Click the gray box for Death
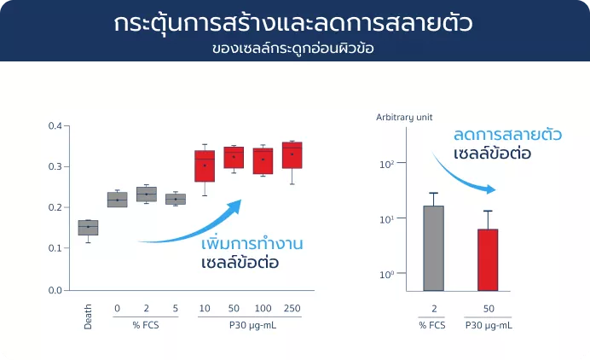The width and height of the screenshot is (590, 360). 88,228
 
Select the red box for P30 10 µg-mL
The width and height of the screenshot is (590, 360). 205,166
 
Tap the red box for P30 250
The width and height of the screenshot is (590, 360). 292,155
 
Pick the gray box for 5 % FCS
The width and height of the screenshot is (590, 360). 176,200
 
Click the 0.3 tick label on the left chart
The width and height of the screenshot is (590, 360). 55,166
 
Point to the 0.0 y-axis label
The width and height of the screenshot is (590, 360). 55,290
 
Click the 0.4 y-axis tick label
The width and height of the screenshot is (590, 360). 55,125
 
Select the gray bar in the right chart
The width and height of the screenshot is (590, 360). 433,248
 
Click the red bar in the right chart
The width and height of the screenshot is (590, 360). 488,260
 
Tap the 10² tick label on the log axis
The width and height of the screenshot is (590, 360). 387,164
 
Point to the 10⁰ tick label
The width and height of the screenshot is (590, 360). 387,275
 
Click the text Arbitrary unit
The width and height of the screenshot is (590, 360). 404,118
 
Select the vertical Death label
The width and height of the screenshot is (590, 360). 88,316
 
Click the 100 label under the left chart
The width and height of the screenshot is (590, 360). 263,309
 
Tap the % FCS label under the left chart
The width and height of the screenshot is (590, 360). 146,325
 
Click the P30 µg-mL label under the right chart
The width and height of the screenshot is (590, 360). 489,325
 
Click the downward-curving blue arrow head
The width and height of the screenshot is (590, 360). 489,189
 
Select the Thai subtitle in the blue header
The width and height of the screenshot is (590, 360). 293,49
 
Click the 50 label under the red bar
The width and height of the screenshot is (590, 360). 489,309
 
